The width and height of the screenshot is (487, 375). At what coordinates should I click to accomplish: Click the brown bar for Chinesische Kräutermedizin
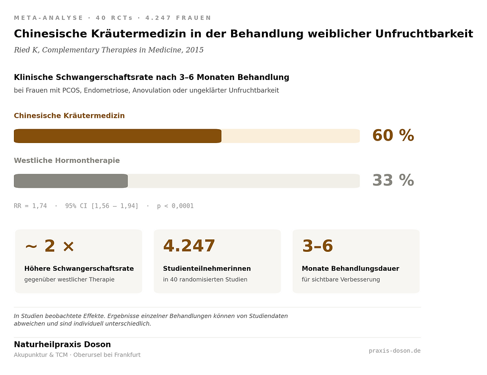(117, 136)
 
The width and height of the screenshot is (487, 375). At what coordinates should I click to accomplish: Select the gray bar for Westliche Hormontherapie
(71, 181)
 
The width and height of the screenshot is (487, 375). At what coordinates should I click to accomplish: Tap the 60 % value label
(393, 136)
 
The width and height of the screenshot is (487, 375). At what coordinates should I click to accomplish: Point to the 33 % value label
(393, 180)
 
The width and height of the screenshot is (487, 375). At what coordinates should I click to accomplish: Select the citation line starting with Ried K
(108, 50)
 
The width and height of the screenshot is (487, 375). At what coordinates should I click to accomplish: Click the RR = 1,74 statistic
(30, 206)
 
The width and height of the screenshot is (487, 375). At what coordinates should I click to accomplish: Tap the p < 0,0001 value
(175, 206)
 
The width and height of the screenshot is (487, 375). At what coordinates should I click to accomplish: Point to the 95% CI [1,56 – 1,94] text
(102, 206)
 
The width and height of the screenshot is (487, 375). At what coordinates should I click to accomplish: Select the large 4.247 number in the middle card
(189, 246)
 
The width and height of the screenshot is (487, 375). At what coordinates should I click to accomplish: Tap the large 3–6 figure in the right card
(317, 246)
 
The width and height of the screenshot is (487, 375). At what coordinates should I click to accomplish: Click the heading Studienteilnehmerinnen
(207, 269)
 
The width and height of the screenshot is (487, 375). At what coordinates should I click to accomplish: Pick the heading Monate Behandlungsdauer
(350, 269)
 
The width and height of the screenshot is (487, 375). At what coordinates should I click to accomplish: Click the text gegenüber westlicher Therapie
(69, 280)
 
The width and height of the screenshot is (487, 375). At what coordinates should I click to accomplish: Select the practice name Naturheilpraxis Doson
(62, 345)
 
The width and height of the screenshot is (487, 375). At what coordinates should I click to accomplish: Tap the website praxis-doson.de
(395, 351)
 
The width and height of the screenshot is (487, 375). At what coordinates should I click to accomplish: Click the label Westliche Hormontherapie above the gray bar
(67, 160)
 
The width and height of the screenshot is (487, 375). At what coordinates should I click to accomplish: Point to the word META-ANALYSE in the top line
(49, 18)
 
